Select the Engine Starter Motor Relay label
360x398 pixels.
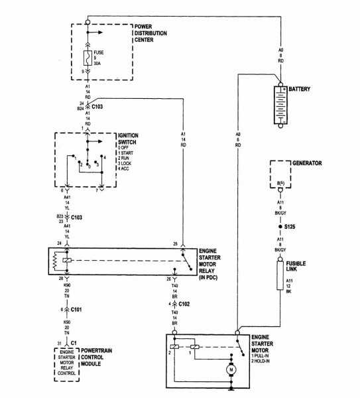click(x=216, y=262)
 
